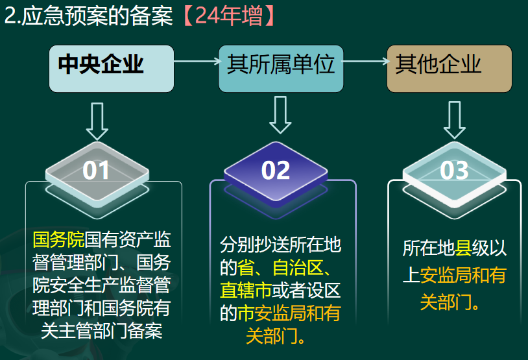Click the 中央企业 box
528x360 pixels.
click(x=112, y=69)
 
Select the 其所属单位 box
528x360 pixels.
click(x=281, y=69)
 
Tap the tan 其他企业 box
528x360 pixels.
click(x=450, y=69)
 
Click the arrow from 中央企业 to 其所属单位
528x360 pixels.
click(x=198, y=61)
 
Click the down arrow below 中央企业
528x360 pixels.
click(x=97, y=121)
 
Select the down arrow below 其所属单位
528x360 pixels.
click(x=280, y=115)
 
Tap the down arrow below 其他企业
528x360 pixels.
click(x=455, y=120)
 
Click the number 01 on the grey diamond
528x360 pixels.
click(x=95, y=171)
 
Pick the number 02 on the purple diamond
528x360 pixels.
click(x=276, y=171)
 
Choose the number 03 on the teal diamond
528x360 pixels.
click(x=454, y=171)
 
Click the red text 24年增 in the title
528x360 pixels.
click(x=228, y=16)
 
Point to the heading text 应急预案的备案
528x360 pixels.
click(x=97, y=16)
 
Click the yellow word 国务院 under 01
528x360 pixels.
click(x=58, y=239)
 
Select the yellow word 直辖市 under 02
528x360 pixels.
click(x=246, y=291)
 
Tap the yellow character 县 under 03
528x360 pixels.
click(x=463, y=248)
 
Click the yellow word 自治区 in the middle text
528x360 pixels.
click(x=298, y=268)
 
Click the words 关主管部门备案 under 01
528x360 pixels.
click(x=102, y=331)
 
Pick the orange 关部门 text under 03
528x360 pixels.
click(x=445, y=302)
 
